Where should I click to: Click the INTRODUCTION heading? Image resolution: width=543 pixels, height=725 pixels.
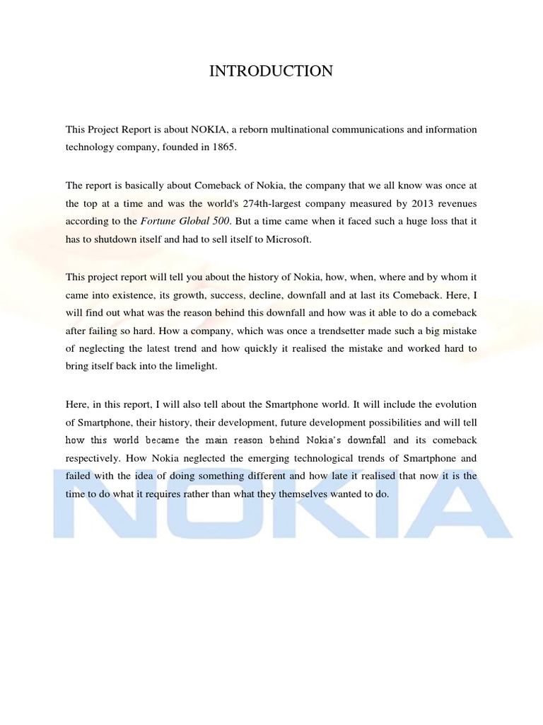[x=271, y=71]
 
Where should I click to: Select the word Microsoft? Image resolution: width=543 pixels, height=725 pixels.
[x=288, y=240]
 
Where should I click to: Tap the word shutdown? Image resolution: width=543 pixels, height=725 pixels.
[x=103, y=240]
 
